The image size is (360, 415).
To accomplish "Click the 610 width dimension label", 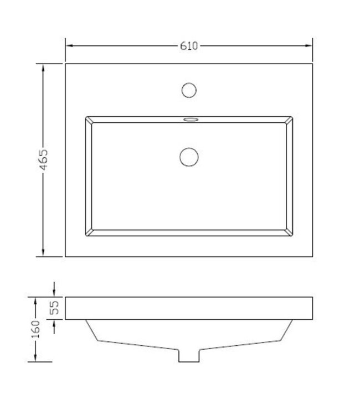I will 189,46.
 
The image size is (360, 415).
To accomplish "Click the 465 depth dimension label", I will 45,160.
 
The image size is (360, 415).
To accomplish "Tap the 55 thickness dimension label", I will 54,308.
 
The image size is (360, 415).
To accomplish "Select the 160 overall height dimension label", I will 35,329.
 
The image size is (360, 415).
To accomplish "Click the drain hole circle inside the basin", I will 189,157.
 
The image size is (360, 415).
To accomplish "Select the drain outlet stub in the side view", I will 189,356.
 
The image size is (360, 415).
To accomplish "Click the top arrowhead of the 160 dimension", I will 35,300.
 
